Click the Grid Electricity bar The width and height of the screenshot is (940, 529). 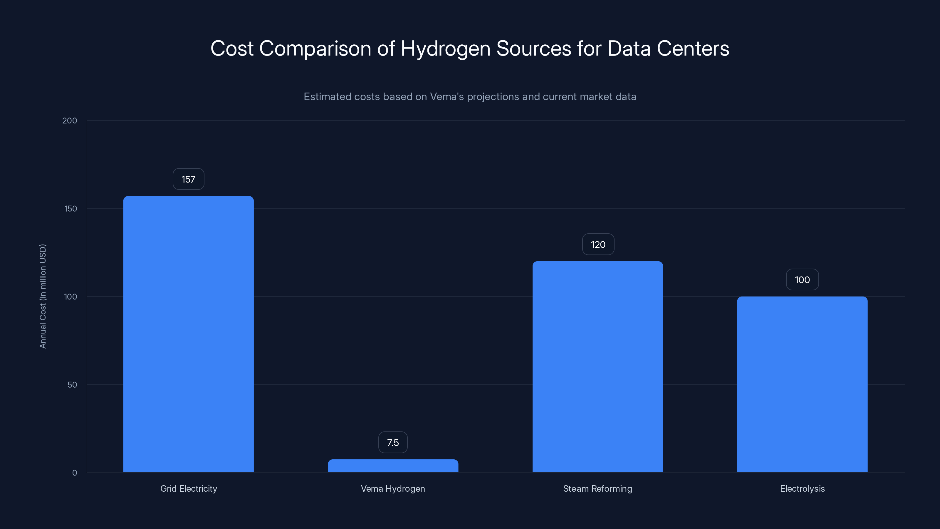point(188,334)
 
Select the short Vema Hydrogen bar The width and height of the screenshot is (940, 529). point(393,466)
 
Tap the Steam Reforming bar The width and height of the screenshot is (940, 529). point(597,366)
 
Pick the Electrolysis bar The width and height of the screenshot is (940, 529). point(802,384)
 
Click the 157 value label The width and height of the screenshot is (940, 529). point(188,179)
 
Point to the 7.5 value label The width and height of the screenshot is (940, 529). point(393,443)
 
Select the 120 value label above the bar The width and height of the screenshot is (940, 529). point(598,245)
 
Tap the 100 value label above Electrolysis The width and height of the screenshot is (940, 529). point(802,280)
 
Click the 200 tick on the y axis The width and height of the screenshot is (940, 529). point(70,121)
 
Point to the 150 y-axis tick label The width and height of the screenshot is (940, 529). point(71,209)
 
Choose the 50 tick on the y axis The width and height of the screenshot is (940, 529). point(72,385)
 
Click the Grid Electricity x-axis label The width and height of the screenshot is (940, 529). point(189,489)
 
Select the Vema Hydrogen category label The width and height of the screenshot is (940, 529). point(393,489)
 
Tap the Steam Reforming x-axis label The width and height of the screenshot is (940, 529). point(597,489)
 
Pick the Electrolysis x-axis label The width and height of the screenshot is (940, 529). point(802,489)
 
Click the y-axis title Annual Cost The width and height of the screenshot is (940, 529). point(43,296)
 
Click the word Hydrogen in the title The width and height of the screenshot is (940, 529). point(446,49)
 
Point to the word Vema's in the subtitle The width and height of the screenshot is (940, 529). point(446,97)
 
